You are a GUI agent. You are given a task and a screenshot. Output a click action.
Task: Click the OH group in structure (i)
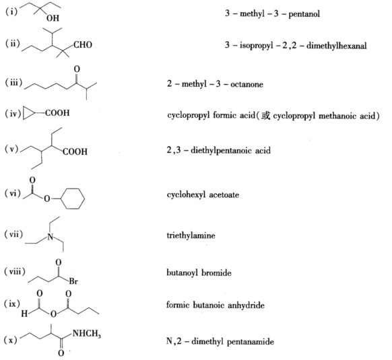(x=53, y=18)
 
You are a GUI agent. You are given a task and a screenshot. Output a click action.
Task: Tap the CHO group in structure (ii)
(x=83, y=44)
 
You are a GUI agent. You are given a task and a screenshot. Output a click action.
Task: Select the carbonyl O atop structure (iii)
(x=77, y=69)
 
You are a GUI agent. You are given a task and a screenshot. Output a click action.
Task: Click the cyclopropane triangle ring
(x=29, y=114)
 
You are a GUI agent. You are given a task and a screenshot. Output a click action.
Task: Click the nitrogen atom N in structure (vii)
(x=51, y=236)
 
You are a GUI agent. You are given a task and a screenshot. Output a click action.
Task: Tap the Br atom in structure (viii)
(x=73, y=281)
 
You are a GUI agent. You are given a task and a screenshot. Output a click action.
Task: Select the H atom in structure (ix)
(x=24, y=314)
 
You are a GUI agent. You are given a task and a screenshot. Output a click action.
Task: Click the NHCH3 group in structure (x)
(x=86, y=334)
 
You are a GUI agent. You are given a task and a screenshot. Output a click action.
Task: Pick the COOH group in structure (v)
(x=75, y=151)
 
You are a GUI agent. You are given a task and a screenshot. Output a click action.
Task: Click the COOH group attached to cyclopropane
(x=57, y=113)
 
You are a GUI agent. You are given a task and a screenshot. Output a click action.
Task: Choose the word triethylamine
(x=191, y=236)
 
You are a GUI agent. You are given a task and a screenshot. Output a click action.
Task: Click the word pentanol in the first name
(x=304, y=13)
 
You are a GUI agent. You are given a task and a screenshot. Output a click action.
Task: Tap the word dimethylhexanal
(x=337, y=46)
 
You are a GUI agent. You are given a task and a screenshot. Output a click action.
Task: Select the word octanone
(x=247, y=84)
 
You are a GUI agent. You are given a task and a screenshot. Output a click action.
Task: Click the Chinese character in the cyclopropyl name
(x=265, y=116)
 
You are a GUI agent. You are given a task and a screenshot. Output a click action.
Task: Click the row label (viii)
(x=15, y=272)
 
